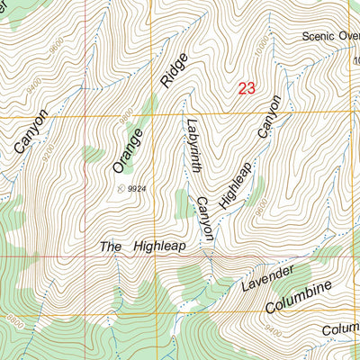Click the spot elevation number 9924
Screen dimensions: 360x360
coord(137,189)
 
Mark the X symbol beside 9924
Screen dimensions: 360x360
coord(121,188)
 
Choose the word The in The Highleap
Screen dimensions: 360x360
coord(111,247)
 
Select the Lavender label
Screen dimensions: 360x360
coord(267,279)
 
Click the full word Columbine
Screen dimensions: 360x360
coord(299,298)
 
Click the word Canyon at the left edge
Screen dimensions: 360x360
coord(30,135)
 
